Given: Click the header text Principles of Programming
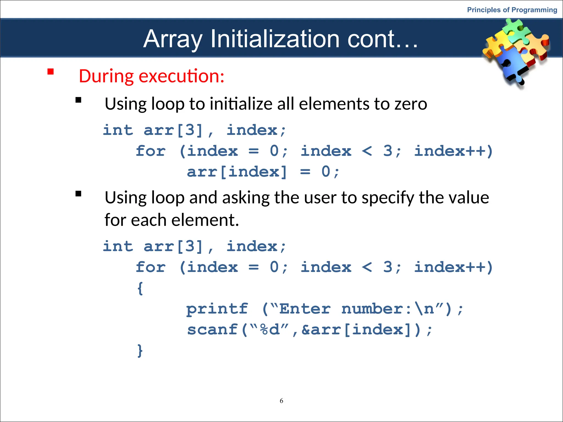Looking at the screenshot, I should (x=512, y=10).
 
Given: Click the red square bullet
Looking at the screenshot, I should (x=51, y=72).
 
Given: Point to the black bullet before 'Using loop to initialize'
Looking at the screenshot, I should (x=79, y=100).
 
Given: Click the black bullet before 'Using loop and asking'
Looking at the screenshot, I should (x=79, y=194).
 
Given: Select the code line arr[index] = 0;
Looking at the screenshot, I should (x=263, y=172).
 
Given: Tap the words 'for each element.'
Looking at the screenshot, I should (x=172, y=220).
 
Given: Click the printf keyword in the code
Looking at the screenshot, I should (x=217, y=309).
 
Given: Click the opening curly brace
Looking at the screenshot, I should (x=140, y=288).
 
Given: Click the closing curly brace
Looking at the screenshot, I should (x=140, y=351).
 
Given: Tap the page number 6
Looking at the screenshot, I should (x=281, y=401).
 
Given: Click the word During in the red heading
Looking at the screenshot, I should (x=106, y=76).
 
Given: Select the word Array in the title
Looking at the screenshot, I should (x=173, y=39).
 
